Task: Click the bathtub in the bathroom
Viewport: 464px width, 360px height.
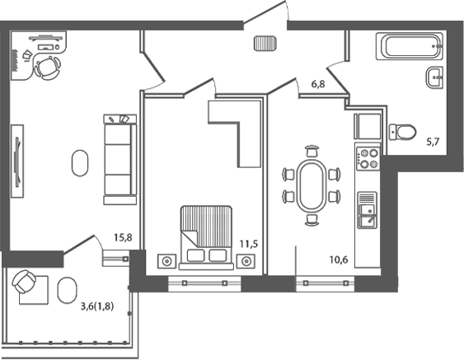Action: [410, 45]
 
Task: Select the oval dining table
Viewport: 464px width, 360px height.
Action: [311, 185]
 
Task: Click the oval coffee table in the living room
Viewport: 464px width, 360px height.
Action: [79, 161]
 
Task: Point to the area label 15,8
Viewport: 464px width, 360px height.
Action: [124, 240]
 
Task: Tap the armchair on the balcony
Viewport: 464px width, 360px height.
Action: [26, 284]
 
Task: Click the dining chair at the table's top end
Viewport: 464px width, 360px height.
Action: [311, 151]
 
